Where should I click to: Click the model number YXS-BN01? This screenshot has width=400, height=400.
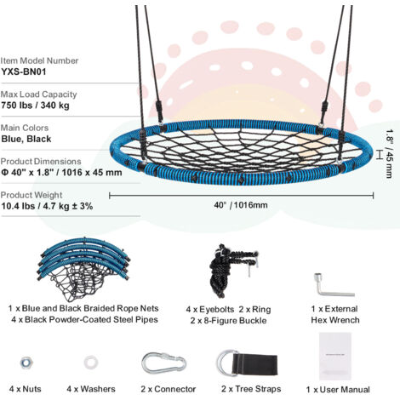click(24, 71)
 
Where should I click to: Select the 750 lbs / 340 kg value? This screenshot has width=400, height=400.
click(35, 106)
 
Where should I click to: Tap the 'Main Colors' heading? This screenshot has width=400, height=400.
click(25, 128)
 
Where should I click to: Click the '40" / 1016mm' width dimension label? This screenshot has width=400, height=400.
click(241, 205)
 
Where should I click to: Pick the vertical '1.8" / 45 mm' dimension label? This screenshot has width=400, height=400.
click(390, 153)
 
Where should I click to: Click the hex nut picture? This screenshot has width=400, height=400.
click(26, 363)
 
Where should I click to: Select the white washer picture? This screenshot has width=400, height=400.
click(91, 363)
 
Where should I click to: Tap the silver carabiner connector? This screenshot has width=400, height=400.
click(164, 363)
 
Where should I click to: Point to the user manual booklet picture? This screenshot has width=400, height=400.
click(335, 357)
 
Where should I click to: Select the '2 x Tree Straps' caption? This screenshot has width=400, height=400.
click(251, 389)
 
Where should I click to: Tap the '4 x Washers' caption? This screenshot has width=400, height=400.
click(91, 389)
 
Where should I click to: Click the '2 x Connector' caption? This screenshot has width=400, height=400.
click(169, 389)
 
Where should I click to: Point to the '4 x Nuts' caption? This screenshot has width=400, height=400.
click(26, 389)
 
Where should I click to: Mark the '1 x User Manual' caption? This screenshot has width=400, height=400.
click(338, 390)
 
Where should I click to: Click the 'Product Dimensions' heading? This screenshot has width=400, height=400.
click(41, 161)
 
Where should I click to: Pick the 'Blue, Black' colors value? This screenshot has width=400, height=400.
click(26, 139)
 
